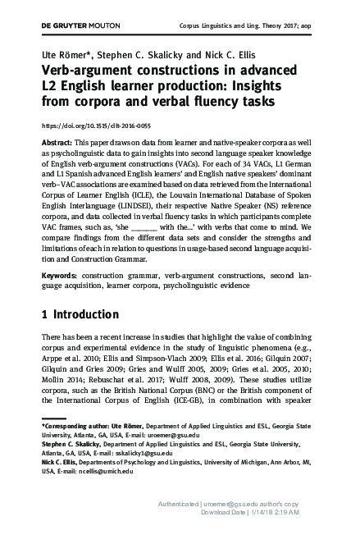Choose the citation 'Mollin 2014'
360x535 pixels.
[x=62, y=386]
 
